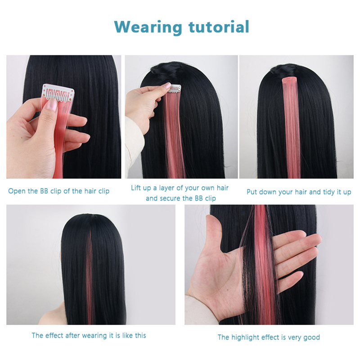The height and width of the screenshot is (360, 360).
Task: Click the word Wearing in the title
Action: (x=148, y=27)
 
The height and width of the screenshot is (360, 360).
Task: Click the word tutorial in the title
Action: (x=219, y=27)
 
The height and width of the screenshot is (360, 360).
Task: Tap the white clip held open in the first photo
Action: (x=58, y=93)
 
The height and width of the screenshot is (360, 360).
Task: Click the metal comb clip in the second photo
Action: (x=175, y=89)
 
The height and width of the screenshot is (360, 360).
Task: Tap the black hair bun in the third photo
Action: (x=283, y=69)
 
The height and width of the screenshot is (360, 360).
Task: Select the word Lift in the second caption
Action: (x=135, y=188)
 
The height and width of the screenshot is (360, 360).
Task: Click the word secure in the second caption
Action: (x=171, y=198)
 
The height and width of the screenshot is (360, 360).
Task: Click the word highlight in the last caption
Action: (x=245, y=337)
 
